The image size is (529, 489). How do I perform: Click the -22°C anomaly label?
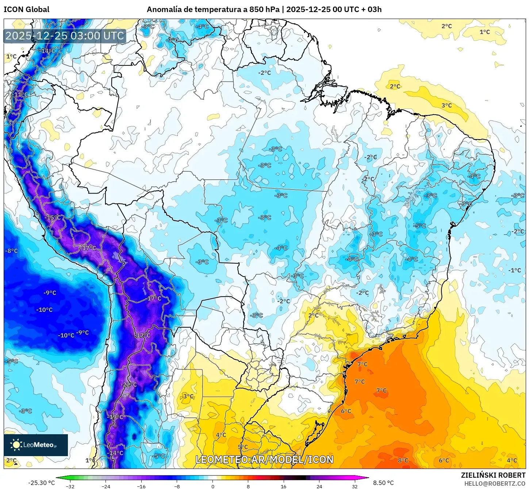click(x=129, y=385)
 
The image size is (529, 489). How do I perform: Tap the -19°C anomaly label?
click(x=116, y=417)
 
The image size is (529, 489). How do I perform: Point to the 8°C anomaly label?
click(x=403, y=460)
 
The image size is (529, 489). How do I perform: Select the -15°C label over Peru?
click(x=53, y=218)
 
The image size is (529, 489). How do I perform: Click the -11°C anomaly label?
click(x=20, y=95)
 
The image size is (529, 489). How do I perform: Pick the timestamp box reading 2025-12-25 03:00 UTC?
click(x=65, y=36)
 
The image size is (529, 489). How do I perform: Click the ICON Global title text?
click(x=26, y=9)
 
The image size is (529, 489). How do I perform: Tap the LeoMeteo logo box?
click(x=36, y=445)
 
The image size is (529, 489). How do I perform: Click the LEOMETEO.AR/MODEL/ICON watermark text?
click(x=264, y=460)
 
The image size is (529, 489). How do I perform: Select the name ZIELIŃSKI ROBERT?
click(x=493, y=475)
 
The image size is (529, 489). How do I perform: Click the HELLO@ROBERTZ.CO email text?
click(x=495, y=484)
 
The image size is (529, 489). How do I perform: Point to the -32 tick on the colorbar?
click(x=70, y=486)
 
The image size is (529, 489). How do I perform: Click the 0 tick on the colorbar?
click(x=213, y=486)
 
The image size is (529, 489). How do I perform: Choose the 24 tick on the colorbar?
click(x=319, y=486)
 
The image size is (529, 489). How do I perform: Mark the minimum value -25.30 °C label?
click(x=41, y=483)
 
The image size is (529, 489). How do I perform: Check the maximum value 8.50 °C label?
click(x=383, y=483)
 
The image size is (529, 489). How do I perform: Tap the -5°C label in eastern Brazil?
click(x=420, y=226)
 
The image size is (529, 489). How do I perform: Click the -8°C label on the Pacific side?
click(x=11, y=251)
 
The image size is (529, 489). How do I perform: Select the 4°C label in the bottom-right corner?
click(x=512, y=460)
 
